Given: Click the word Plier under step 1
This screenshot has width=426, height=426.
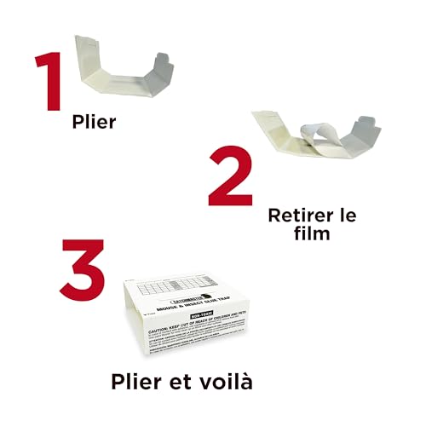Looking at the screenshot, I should coord(94,123).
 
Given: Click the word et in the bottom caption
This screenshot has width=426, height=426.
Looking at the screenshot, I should coord(199,380).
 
